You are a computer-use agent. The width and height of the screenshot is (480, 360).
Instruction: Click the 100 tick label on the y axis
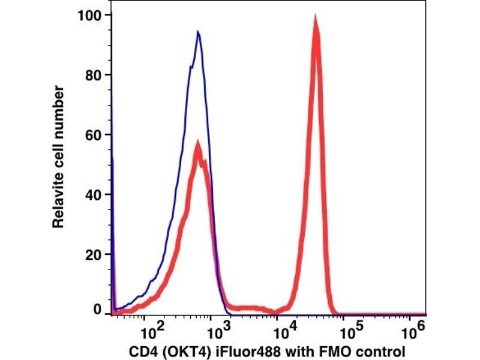coord(90,14)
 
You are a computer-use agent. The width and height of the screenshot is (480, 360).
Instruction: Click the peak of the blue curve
coord(197,32)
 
